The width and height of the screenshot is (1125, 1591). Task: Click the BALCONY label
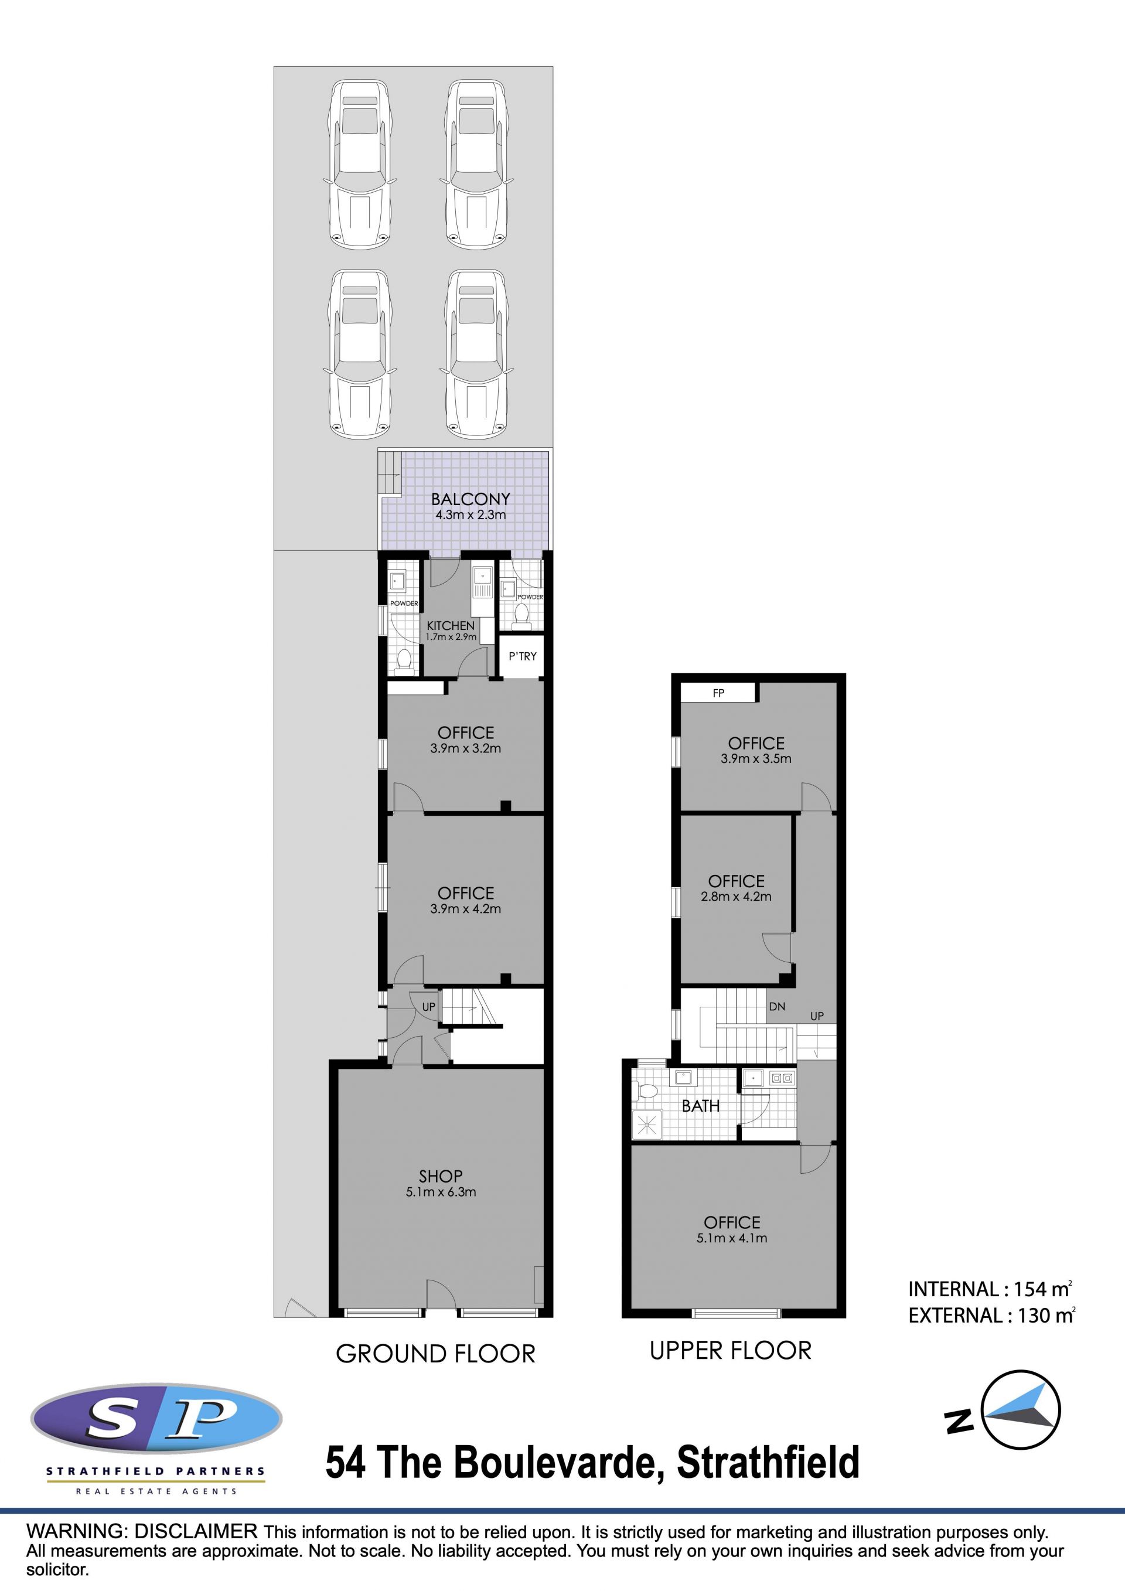pyautogui.click(x=471, y=499)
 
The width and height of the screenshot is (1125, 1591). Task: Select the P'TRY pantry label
pyautogui.click(x=522, y=656)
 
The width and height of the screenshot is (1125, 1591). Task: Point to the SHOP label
pyautogui.click(x=441, y=1176)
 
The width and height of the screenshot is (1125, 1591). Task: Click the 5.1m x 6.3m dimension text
pyautogui.click(x=441, y=1192)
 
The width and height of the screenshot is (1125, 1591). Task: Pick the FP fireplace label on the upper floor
pyautogui.click(x=718, y=693)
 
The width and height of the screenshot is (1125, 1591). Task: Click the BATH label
pyautogui.click(x=700, y=1106)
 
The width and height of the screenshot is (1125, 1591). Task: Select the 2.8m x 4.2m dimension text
pyautogui.click(x=736, y=896)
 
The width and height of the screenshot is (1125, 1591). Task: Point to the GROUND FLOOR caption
pyautogui.click(x=436, y=1354)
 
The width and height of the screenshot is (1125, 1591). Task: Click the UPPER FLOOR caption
pyautogui.click(x=730, y=1351)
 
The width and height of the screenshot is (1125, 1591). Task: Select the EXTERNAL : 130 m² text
pyautogui.click(x=991, y=1315)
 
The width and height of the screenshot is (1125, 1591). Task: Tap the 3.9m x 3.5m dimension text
pyautogui.click(x=756, y=758)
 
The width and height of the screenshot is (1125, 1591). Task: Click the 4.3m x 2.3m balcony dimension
pyautogui.click(x=471, y=515)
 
